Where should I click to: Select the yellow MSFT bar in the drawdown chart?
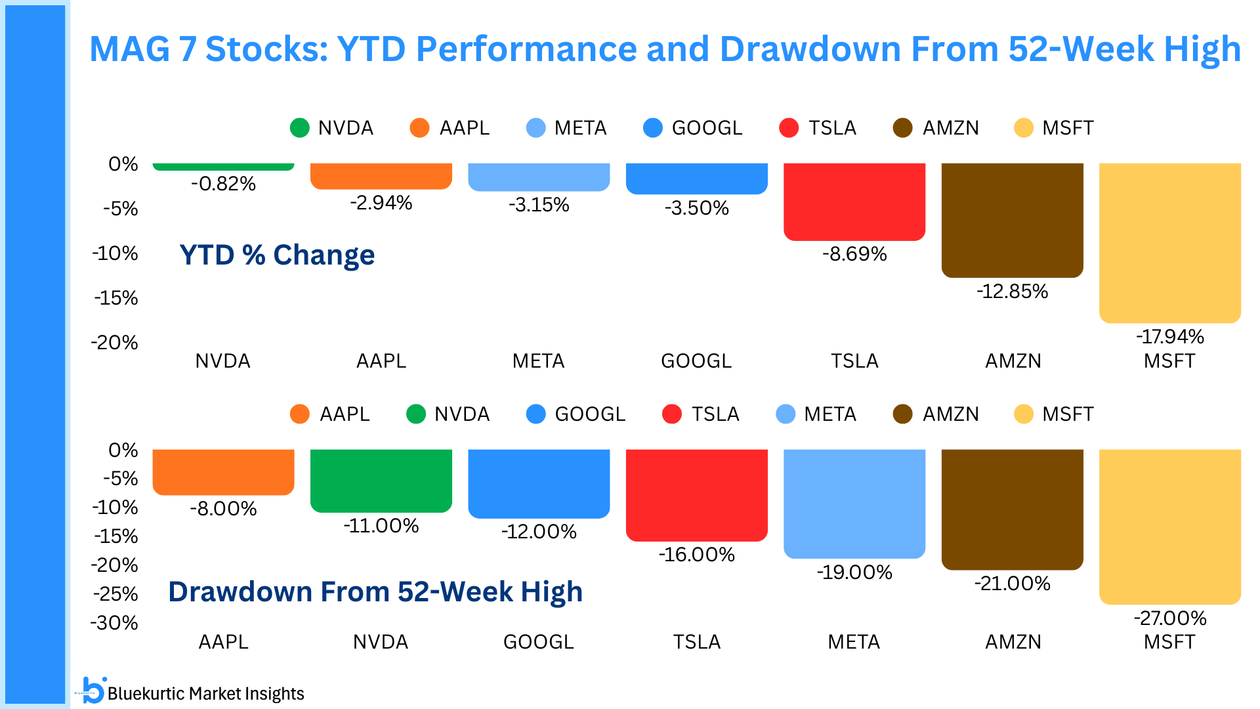[1169, 525]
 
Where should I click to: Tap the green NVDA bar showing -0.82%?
[223, 167]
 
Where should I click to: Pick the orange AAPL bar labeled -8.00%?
[223, 471]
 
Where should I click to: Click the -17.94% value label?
[1170, 337]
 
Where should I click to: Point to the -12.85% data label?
[1013, 291]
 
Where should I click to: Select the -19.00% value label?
[854, 572]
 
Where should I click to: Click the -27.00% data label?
[1170, 618]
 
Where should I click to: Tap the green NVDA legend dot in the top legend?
[300, 128]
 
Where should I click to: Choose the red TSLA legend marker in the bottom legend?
[672, 414]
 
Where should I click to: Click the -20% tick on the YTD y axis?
[115, 343]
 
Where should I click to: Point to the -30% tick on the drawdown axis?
[115, 623]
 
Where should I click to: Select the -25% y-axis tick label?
[115, 594]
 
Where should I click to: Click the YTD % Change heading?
[277, 255]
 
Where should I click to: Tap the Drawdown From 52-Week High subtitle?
[375, 591]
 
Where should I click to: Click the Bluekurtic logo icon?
[94, 691]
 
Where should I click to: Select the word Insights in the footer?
[273, 694]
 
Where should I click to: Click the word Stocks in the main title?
[266, 49]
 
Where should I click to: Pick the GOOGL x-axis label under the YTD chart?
[696, 361]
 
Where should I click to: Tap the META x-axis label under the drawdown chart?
[854, 641]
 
